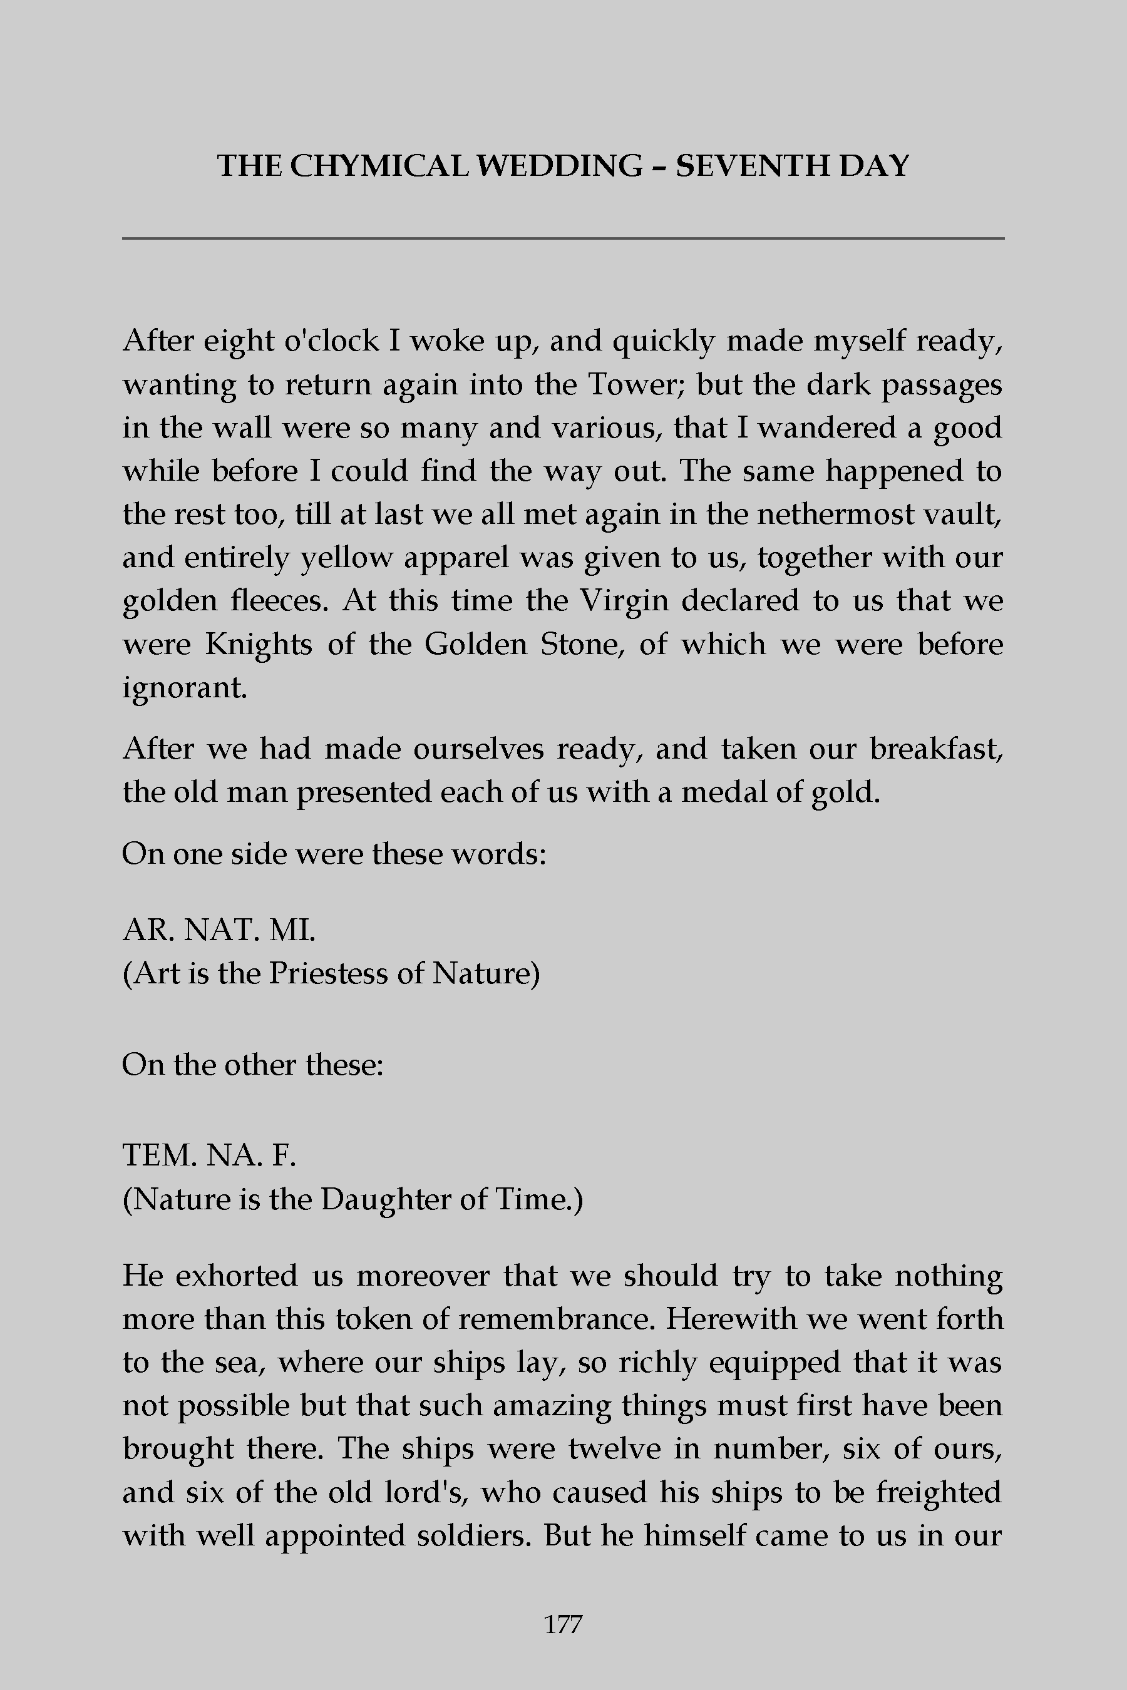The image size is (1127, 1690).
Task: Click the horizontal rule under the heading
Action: coord(563,238)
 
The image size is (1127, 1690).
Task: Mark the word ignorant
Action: coord(185,689)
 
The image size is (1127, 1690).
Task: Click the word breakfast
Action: coord(936,749)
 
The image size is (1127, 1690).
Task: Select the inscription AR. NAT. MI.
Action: coord(219,931)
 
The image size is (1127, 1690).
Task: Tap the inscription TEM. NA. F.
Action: coord(209,1156)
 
